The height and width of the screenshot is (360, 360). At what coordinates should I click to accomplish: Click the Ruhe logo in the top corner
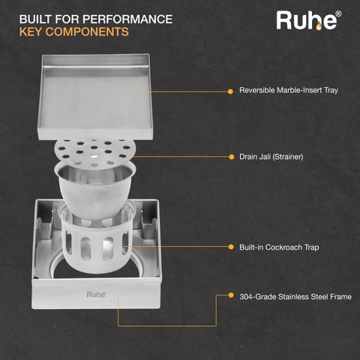coord(308,20)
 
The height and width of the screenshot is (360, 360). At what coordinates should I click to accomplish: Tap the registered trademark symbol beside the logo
coord(338,13)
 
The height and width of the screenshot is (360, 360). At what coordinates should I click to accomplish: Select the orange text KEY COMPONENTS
coord(74,32)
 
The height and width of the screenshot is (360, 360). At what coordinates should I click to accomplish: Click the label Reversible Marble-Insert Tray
coord(289,90)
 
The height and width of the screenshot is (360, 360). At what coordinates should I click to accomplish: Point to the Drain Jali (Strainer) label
coord(271,157)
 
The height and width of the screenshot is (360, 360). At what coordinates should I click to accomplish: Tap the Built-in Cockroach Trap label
coord(279,247)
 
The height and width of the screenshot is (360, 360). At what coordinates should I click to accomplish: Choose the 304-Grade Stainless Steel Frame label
coord(295,297)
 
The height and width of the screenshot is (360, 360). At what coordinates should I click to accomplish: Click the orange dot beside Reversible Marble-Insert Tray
coord(230,91)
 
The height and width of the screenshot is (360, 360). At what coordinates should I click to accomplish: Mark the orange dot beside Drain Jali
coord(232,157)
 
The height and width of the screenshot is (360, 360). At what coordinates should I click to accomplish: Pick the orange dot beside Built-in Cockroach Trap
coord(231,247)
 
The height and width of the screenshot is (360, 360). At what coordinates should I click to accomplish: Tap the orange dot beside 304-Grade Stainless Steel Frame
coord(231,295)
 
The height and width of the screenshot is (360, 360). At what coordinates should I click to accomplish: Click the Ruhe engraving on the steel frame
coord(96,295)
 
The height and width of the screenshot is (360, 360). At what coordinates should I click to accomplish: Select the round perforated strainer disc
coord(95,152)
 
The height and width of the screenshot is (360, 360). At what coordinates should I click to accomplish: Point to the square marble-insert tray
coord(95,96)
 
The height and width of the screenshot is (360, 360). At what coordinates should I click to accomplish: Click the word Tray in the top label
coord(331,90)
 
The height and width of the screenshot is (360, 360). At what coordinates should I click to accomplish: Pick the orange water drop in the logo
coord(319,26)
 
